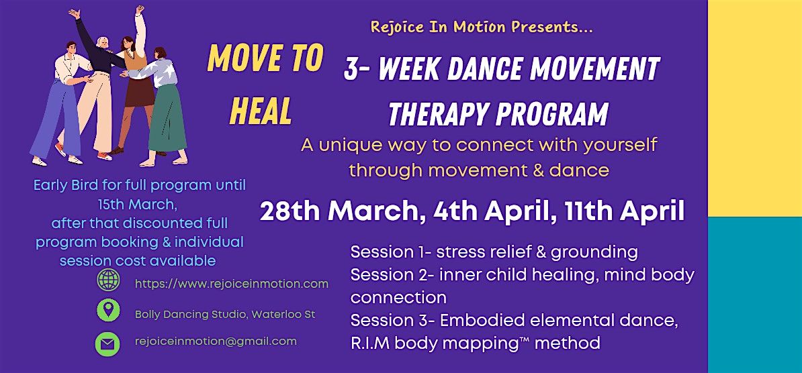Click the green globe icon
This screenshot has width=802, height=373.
108,280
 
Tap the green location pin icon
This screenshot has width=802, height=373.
108,310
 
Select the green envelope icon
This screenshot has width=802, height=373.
107,344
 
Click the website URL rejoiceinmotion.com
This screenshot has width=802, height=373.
232,284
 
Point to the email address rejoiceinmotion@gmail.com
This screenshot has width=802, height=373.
216,341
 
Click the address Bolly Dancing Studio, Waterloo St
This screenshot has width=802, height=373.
225,315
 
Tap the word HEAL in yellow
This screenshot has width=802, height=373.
261,111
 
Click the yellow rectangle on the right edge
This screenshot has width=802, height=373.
755,108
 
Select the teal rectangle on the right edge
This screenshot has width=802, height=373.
755,295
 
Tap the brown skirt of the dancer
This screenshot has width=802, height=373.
139,91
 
